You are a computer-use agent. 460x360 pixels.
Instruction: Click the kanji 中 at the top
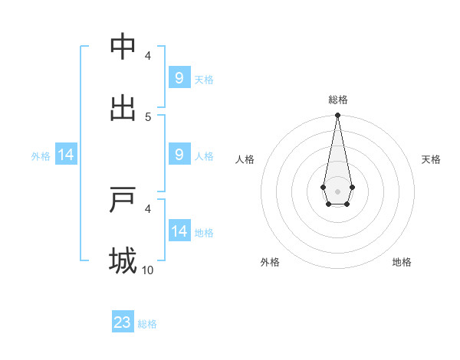[123, 47]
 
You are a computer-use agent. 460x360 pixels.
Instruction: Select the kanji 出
[123, 107]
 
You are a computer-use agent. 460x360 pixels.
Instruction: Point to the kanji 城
[123, 260]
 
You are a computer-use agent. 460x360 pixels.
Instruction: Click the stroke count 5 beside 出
[148, 116]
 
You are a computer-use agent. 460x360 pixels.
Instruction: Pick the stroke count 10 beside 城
[148, 270]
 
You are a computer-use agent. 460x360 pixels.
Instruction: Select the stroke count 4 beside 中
[148, 56]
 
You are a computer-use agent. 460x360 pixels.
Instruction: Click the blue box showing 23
[123, 322]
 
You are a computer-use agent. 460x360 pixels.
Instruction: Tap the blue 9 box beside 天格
[179, 78]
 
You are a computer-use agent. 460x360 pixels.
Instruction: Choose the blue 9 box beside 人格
[179, 155]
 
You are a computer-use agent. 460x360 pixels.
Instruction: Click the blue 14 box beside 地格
[179, 231]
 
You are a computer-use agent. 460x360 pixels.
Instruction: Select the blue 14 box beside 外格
[66, 155]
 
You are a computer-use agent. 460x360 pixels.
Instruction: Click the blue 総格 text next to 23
[147, 324]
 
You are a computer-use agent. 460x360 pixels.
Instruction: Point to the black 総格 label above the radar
[337, 100]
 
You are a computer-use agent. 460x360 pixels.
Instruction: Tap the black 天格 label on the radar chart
[432, 159]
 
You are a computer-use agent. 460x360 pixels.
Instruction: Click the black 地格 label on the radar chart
[402, 262]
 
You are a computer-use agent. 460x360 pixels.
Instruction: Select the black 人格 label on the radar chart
[245, 159]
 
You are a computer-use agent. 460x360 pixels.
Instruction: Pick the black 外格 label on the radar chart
[270, 262]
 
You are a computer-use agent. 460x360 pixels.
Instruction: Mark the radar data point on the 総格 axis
[337, 115]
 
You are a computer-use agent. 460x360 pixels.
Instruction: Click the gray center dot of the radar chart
[337, 191]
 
